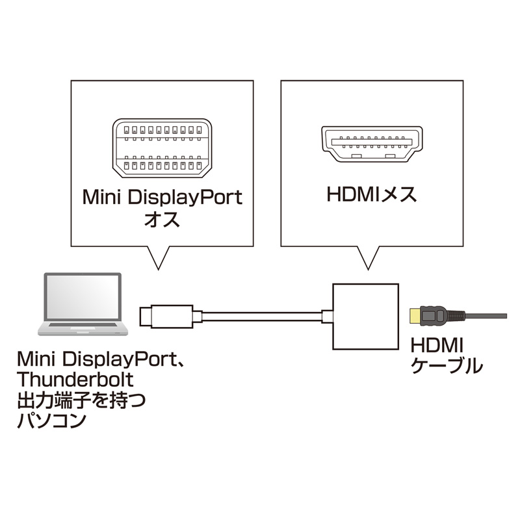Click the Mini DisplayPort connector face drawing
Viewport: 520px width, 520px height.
161,149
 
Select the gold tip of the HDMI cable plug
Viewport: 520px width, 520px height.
413,316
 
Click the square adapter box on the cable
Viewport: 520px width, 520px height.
365,316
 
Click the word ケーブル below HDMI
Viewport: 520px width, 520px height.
447,365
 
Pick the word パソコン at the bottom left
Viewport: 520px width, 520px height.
51,421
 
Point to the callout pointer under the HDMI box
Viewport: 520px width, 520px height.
368,259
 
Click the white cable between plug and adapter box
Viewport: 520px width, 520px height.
260,317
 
